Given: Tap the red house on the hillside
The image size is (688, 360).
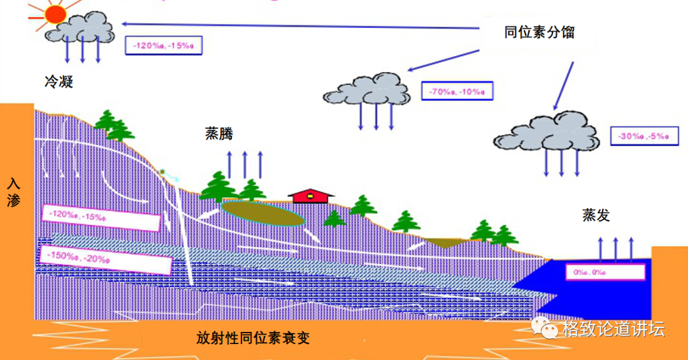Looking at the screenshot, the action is pyautogui.click(x=311, y=195).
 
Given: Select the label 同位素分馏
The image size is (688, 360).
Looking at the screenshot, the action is pyautogui.click(x=539, y=32).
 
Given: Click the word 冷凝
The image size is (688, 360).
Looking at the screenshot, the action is pyautogui.click(x=58, y=82).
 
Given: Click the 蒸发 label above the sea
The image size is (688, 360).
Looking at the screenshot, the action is pyautogui.click(x=596, y=215).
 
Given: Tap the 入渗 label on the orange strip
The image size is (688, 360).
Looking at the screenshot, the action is pyautogui.click(x=13, y=192).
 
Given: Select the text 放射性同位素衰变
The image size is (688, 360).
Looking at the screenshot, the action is pyautogui.click(x=253, y=338).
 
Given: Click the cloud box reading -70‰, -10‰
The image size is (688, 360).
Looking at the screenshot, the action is pyautogui.click(x=457, y=91).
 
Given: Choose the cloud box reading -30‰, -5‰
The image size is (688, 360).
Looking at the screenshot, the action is pyautogui.click(x=645, y=136).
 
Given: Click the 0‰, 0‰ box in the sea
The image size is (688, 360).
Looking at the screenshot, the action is pyautogui.click(x=605, y=272).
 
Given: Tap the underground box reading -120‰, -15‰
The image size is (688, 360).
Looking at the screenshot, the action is pyautogui.click(x=100, y=217).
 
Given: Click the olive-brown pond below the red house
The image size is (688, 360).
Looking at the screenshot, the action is pyautogui.click(x=262, y=213).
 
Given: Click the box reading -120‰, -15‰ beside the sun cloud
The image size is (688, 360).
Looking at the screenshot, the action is pyautogui.click(x=163, y=45).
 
